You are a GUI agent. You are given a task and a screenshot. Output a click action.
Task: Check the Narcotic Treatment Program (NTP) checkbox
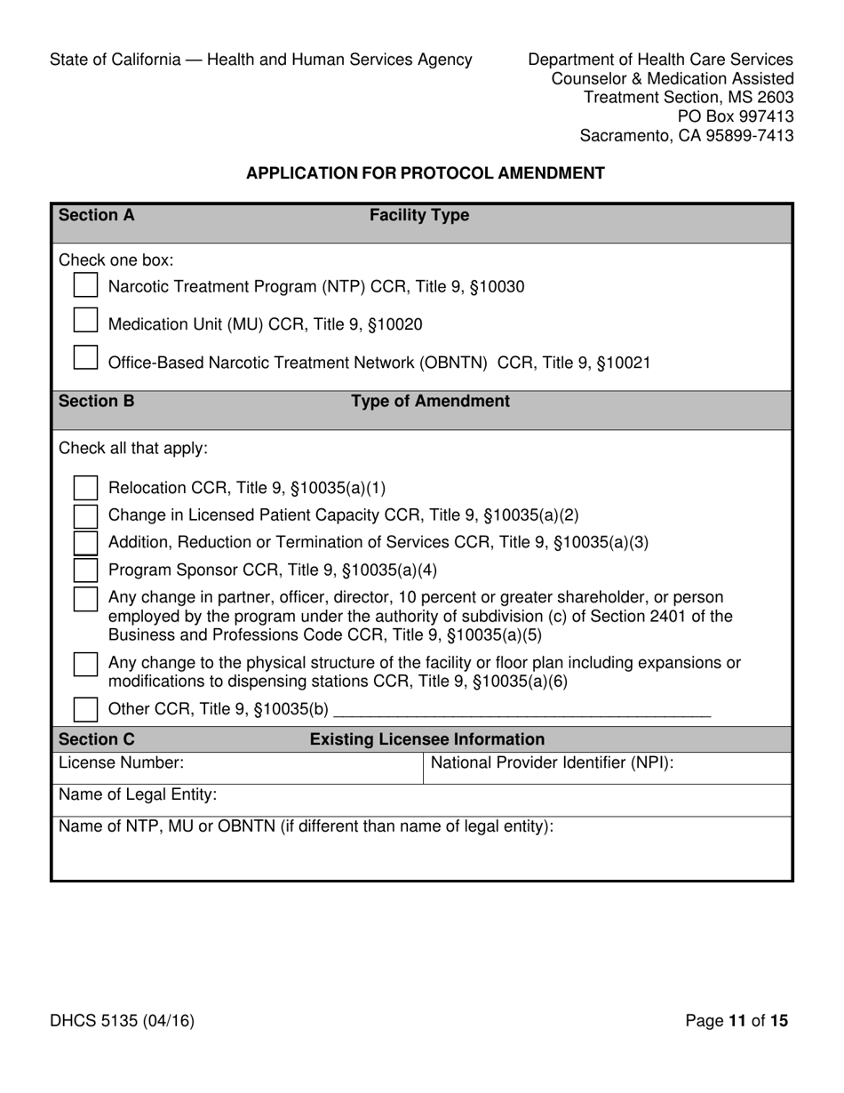coord(85,284)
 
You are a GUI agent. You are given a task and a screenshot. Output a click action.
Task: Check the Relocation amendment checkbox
coord(85,488)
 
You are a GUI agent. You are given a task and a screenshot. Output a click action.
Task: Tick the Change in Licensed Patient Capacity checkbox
coord(85,515)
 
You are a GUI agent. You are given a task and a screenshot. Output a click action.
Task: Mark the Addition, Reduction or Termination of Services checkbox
coord(85,543)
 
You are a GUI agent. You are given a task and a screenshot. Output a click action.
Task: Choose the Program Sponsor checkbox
coord(85,570)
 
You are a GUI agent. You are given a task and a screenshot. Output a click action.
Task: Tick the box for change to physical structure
coord(85,664)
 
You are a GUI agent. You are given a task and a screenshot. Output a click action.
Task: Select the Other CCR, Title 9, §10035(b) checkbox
coord(85,709)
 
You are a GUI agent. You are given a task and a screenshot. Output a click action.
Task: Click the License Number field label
coord(121,762)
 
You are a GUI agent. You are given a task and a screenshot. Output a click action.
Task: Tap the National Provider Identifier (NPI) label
coord(552,762)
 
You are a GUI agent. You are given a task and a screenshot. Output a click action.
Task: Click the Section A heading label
coord(96,215)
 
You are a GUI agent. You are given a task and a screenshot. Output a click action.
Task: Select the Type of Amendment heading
coord(430,401)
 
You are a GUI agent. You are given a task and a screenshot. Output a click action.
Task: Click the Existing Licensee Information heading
coord(426,739)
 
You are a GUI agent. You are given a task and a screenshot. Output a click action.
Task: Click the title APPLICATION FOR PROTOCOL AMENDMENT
coord(425,173)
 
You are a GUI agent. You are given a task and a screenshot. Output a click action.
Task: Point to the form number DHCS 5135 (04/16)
coord(122,1021)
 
